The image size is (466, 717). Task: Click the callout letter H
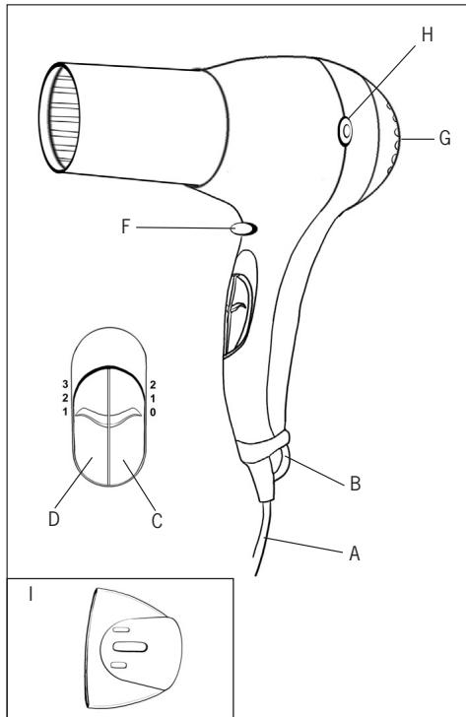coord(427,34)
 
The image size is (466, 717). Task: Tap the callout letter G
coord(444,138)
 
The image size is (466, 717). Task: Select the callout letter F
coord(126,227)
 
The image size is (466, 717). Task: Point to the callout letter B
coord(355,484)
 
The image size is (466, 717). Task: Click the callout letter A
coord(355,554)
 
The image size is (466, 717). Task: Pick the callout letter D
coord(54,518)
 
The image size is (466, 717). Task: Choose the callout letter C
coord(157,521)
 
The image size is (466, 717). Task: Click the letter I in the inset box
coord(31,594)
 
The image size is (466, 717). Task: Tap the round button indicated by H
coord(346,131)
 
